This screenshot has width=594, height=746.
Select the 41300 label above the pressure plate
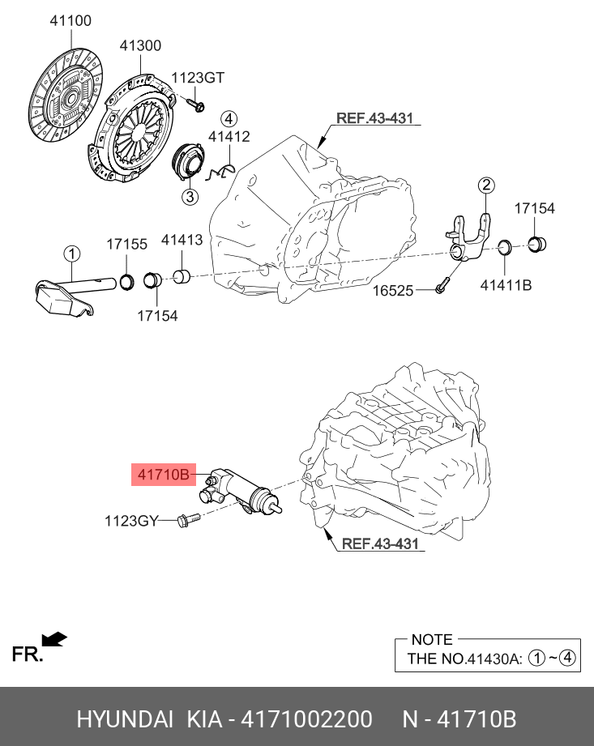tap(140, 46)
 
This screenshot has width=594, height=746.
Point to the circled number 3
tap(189, 197)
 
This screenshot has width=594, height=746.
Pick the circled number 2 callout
tap(485, 185)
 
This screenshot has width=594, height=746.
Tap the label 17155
tap(128, 243)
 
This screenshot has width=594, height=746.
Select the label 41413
tap(182, 240)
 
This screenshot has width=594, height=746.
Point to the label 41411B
tap(506, 285)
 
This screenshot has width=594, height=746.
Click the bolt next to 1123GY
tap(184, 521)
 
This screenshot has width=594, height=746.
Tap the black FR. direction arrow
tap(53, 640)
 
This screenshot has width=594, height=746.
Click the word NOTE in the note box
tap(432, 640)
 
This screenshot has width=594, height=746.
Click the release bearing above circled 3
tap(188, 161)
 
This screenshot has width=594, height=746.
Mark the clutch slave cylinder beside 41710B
tap(243, 490)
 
